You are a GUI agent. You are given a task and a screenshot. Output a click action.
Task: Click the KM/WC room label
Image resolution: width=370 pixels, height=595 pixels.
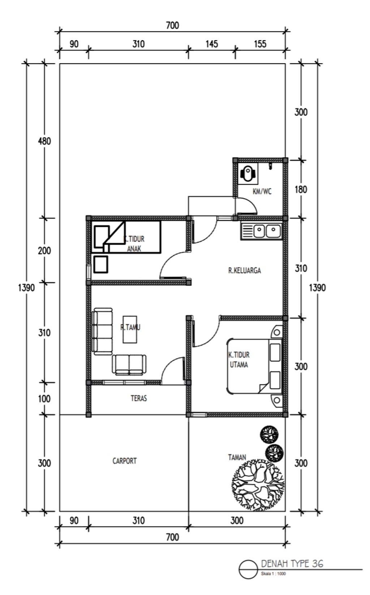[x=262, y=191]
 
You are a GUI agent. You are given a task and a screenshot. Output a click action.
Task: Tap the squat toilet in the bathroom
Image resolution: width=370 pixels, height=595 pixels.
[x=248, y=174]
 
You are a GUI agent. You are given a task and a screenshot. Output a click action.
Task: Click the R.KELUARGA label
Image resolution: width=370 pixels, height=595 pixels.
[x=245, y=270]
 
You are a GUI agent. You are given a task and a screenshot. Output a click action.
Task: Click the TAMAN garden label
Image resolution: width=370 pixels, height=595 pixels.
[x=237, y=457]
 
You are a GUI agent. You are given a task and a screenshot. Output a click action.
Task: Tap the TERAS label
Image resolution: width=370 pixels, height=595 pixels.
[x=139, y=398]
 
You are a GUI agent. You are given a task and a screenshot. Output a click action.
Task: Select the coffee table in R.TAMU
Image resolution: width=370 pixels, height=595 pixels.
[x=130, y=329]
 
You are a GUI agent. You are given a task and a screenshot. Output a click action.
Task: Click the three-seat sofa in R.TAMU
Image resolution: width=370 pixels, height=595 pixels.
[x=102, y=331]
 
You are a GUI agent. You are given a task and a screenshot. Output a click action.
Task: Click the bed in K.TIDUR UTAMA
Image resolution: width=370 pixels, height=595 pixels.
[x=254, y=366]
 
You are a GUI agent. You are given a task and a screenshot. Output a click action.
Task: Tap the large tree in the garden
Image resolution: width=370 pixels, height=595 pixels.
[x=258, y=486]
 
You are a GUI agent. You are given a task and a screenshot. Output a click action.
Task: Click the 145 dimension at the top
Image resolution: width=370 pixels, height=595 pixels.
[x=212, y=44]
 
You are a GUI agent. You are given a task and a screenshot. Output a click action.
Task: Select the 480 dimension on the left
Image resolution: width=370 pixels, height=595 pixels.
[x=44, y=141]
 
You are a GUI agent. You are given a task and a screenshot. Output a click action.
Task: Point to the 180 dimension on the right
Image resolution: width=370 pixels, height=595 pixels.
[x=301, y=190]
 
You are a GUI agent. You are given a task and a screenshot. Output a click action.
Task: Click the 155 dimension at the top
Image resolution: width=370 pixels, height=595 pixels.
[x=260, y=44]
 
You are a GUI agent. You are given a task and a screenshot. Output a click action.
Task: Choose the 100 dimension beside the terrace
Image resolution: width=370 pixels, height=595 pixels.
[x=44, y=399]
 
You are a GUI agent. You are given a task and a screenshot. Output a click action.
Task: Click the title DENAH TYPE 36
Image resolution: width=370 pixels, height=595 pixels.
[x=292, y=563]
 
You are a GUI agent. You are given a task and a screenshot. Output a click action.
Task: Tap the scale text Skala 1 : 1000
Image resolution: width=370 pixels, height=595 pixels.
[x=273, y=574]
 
